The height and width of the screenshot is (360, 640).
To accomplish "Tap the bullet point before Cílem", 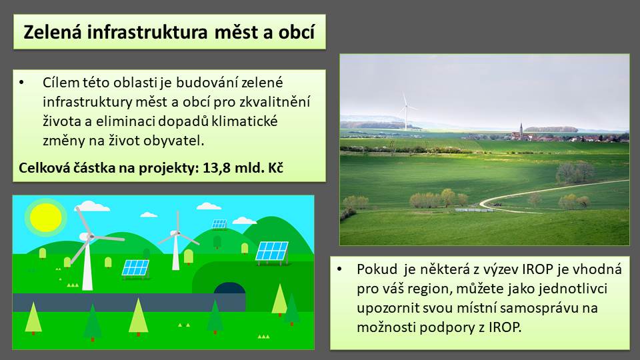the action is [x=21, y=83].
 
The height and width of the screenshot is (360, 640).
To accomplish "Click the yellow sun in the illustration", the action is [x=46, y=217].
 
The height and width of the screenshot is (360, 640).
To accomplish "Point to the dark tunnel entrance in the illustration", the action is [x=230, y=288].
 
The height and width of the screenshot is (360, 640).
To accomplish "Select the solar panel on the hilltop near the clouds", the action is [x=219, y=224].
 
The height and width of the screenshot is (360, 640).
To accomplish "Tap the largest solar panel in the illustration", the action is [x=272, y=251].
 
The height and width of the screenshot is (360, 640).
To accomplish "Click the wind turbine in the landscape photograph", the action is [x=406, y=111].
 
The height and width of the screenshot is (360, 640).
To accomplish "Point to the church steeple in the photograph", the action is [x=521, y=130].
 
